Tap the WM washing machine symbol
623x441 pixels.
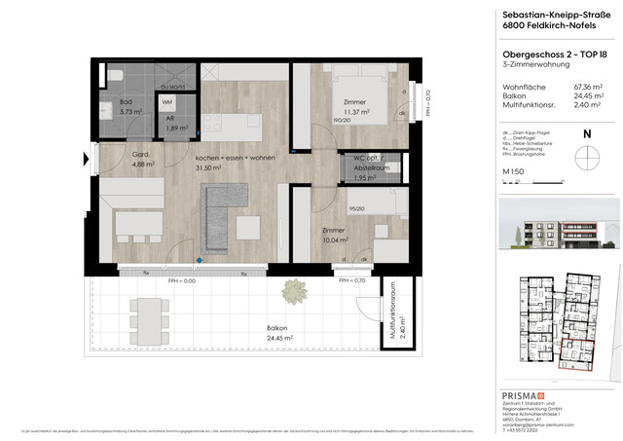167,102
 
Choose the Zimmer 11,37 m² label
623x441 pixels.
353,107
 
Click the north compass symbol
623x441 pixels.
585,155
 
